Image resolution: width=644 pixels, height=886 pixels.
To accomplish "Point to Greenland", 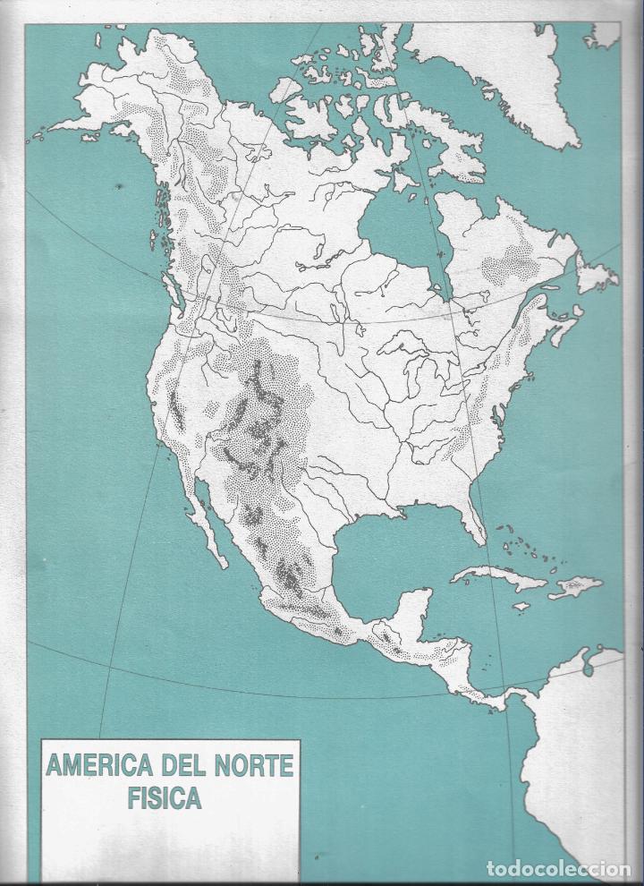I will pos(510,72).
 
